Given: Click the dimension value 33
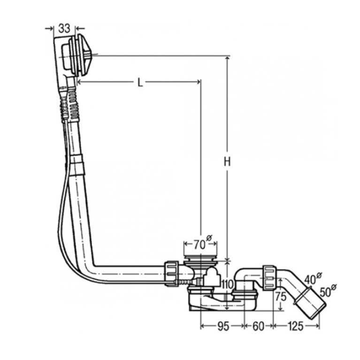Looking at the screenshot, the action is (x=64, y=29).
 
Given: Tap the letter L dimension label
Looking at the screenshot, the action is (x=140, y=83).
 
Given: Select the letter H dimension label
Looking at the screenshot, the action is (x=227, y=162).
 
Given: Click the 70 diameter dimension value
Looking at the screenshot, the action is (x=199, y=245).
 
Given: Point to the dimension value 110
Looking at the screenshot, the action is (x=227, y=284).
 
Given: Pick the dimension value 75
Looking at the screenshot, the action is (x=281, y=297).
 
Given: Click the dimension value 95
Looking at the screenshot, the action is (x=223, y=326).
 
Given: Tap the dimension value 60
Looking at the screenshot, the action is (x=259, y=326).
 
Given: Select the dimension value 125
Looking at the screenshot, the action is (x=296, y=326).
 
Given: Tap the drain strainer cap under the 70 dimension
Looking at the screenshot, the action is (x=200, y=258).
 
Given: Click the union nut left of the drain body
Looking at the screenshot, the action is (x=172, y=273).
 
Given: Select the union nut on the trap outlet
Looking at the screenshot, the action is (x=269, y=278).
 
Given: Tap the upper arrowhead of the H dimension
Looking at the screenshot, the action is (x=227, y=59).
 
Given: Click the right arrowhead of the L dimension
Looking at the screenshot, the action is (x=198, y=82).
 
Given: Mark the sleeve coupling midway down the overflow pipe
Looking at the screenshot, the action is (x=77, y=165).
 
